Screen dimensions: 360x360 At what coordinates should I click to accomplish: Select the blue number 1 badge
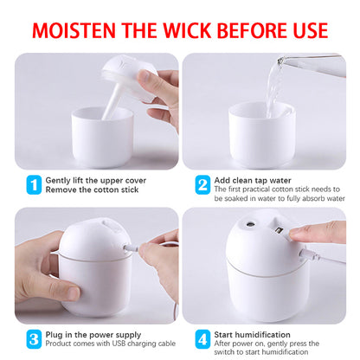(x=33, y=183)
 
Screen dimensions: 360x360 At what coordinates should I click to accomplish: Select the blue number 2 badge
(x=202, y=183)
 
